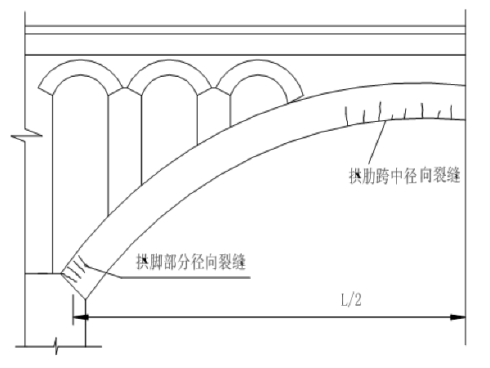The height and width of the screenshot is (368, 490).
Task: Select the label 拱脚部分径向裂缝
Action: click(x=193, y=263)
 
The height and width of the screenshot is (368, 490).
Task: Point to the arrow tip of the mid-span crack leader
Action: click(x=384, y=122)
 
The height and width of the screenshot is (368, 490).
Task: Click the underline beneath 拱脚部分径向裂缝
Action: click(x=188, y=276)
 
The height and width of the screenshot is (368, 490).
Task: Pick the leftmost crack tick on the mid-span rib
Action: click(x=349, y=114)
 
